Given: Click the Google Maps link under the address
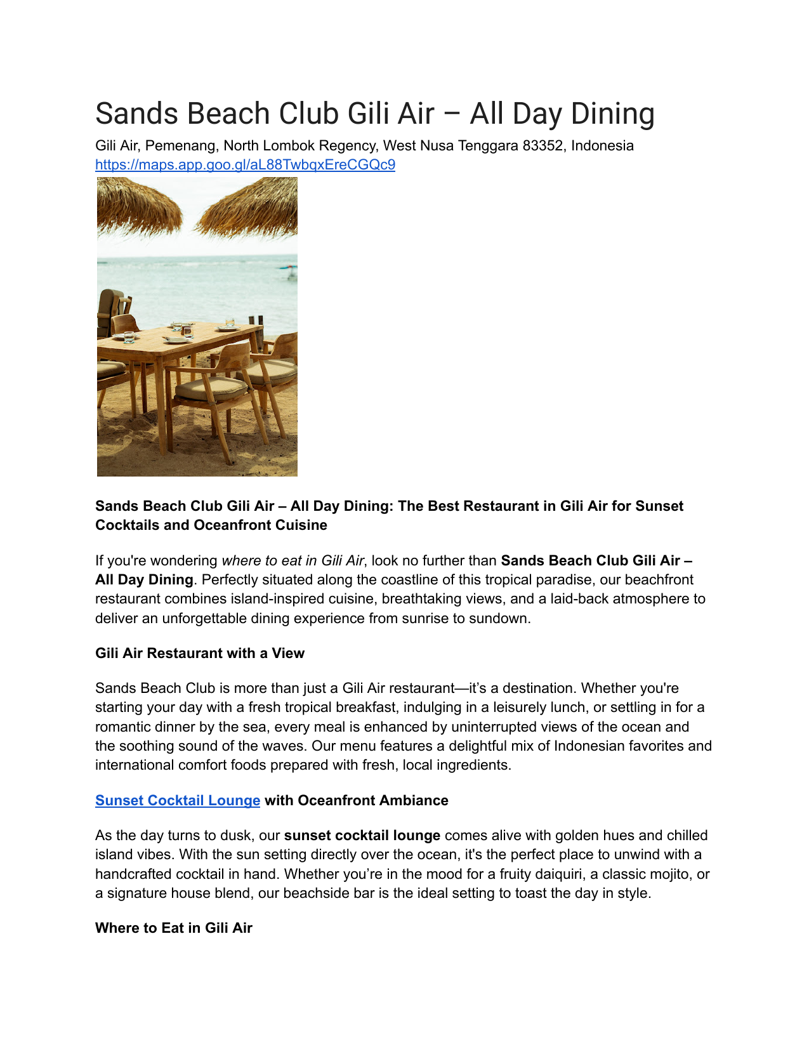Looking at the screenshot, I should (x=245, y=165).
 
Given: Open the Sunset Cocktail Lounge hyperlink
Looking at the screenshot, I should (x=178, y=801).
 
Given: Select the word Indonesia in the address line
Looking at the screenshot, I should (x=602, y=146).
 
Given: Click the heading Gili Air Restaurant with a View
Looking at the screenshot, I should (x=200, y=654).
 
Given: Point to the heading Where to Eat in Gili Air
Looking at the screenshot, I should (x=174, y=928).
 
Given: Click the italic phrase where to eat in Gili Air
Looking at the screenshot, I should (x=293, y=561).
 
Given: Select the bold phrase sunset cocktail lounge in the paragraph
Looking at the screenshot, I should (x=362, y=836).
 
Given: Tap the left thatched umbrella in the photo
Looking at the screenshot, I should (x=136, y=203).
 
